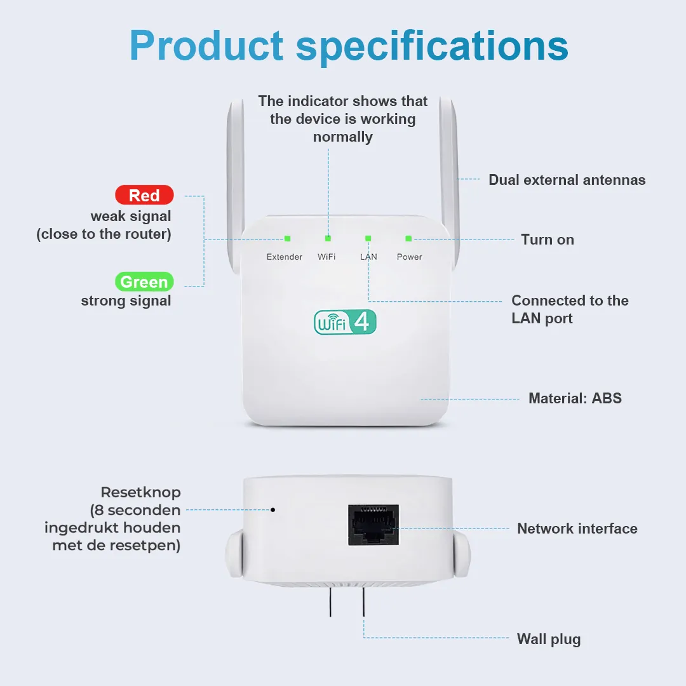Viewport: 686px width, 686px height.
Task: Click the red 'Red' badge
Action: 144,195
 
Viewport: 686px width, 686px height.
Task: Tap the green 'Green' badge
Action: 144,281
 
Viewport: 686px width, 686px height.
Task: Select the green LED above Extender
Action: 288,238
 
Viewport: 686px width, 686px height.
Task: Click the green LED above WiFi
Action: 328,238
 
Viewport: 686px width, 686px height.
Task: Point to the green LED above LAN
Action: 368,238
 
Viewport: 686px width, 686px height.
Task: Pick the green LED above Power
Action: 408,238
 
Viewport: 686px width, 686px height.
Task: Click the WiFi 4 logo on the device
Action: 345,322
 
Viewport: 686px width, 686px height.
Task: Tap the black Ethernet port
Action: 373,525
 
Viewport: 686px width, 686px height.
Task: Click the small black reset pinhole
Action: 273,509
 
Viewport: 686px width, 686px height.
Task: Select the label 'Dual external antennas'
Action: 567,180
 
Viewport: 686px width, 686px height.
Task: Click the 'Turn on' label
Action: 548,239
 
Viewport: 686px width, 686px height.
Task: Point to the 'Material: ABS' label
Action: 575,398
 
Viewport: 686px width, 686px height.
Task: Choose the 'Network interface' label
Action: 577,528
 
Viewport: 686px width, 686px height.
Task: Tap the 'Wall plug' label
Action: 549,639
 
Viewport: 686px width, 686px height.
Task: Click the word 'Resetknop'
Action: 141,493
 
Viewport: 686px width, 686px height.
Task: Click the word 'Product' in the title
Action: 206,46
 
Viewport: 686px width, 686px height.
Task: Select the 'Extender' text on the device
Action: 285,257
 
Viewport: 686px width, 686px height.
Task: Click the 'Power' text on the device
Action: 410,257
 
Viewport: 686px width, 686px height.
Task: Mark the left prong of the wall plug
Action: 330,602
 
